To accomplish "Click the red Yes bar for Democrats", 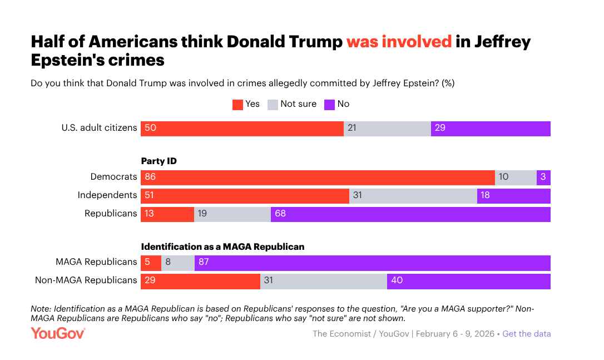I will [318, 177].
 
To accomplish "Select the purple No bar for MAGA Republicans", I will [372, 263].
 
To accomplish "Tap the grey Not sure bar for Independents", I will [413, 196].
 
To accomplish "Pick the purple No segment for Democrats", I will [543, 177].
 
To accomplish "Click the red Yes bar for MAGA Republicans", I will [151, 263].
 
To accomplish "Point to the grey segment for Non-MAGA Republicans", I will [323, 281].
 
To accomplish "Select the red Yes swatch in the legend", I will [237, 105].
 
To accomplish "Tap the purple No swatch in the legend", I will [329, 105].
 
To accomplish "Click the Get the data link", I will [527, 334].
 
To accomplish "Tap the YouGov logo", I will [58, 333].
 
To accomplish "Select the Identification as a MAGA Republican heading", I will [222, 246].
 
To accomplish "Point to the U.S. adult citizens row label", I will [99, 128].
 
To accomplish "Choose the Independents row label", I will [107, 195].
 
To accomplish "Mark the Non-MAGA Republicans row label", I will [86, 280].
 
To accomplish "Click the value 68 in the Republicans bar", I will [280, 214].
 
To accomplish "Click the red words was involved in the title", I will [399, 42].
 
